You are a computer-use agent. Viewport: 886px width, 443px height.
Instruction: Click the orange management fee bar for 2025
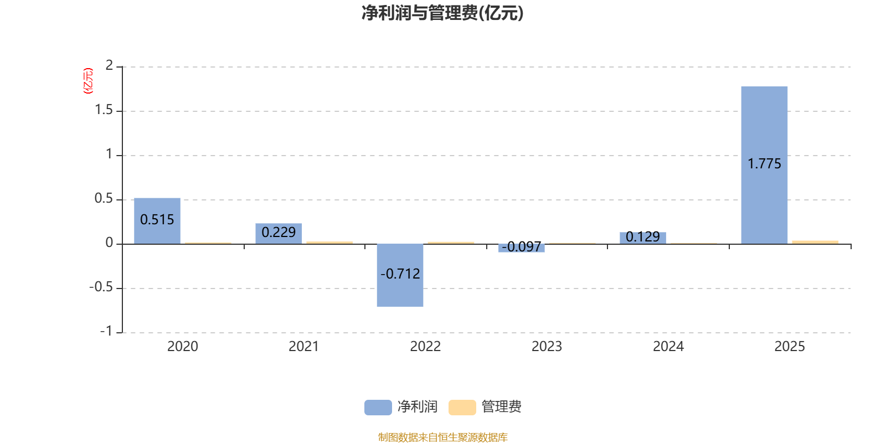[x=815, y=242]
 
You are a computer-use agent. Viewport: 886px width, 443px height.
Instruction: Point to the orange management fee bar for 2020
[x=208, y=243]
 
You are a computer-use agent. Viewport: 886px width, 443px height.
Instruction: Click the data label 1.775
[x=764, y=164]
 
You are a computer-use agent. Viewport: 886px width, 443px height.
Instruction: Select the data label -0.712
[x=400, y=274]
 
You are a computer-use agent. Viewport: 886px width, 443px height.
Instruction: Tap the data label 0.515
[x=157, y=220]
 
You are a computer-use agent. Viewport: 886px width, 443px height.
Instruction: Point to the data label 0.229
[x=279, y=233]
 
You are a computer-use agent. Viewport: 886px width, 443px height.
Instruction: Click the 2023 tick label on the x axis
[x=547, y=347]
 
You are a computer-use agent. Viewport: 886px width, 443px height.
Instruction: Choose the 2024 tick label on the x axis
[x=668, y=347]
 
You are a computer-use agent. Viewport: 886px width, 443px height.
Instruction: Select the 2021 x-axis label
[x=303, y=347]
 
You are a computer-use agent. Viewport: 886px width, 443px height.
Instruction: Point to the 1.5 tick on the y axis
[x=104, y=110]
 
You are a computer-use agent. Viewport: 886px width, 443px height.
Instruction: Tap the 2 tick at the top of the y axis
[x=109, y=66]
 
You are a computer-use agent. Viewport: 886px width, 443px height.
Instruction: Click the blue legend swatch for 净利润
[x=378, y=407]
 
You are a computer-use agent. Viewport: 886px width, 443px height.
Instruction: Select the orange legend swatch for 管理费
[x=462, y=407]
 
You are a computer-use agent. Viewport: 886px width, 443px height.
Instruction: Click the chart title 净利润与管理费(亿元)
[x=442, y=13]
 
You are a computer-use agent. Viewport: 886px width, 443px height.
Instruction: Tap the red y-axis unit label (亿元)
[x=87, y=81]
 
